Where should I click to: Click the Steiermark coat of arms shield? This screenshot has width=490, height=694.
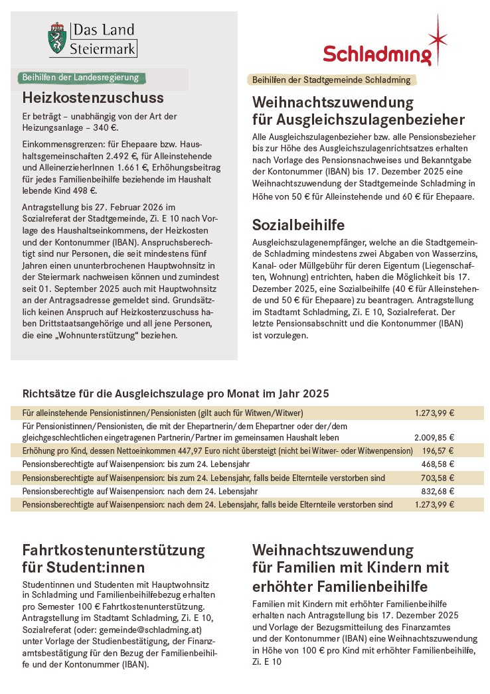pyautogui.click(x=56, y=39)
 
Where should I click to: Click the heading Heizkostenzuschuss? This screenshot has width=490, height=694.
pyautogui.click(x=93, y=98)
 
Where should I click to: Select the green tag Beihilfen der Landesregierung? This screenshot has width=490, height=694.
pyautogui.click(x=80, y=78)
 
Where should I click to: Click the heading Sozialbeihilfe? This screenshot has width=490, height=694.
pyautogui.click(x=298, y=224)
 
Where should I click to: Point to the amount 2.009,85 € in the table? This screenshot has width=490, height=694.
pyautogui.click(x=434, y=438)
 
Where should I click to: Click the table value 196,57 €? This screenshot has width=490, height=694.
pyautogui.click(x=438, y=451)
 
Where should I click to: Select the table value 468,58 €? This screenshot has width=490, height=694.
pyautogui.click(x=438, y=464)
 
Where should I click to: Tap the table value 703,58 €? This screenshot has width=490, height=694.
pyautogui.click(x=438, y=478)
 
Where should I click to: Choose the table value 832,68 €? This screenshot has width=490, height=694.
pyautogui.click(x=438, y=491)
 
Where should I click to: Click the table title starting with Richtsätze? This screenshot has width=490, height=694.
pyautogui.click(x=175, y=393)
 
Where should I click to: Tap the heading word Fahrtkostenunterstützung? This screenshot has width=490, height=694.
pyautogui.click(x=114, y=551)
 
